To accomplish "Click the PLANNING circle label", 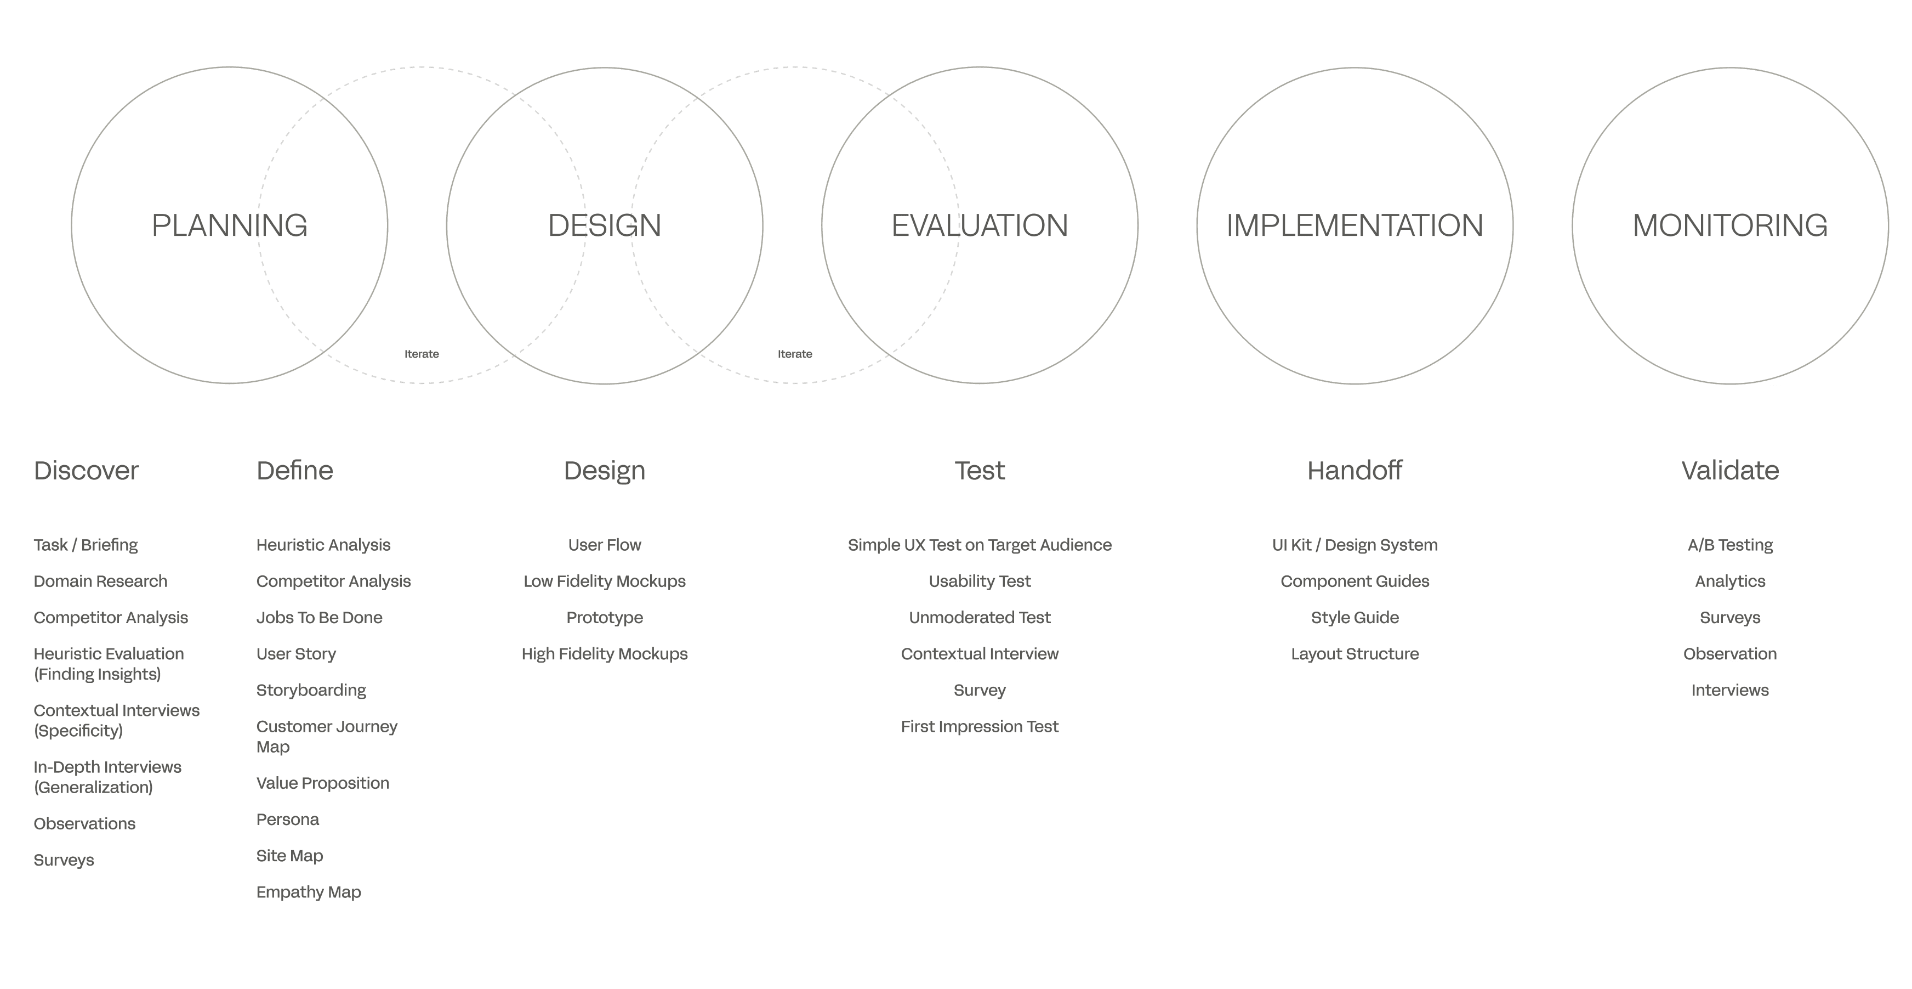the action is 229,225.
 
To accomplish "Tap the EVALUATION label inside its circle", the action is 979,225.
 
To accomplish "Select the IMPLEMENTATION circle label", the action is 1355,225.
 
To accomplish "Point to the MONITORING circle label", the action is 1729,225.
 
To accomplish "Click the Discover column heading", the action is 86,471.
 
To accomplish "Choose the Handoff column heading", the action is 1355,471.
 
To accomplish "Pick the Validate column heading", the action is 1729,471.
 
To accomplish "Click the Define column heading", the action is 295,471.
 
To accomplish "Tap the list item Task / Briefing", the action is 86,545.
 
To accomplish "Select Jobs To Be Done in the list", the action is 319,618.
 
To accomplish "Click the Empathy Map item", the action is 309,892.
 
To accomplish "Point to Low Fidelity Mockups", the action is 604,581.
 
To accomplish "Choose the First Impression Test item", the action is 979,727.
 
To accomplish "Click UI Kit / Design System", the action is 1355,545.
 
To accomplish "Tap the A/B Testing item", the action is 1729,545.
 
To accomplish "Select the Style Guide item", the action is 1355,618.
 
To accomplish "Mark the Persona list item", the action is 287,820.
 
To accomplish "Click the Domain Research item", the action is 101,581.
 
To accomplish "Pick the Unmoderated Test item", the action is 979,618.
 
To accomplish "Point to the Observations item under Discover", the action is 84,823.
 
